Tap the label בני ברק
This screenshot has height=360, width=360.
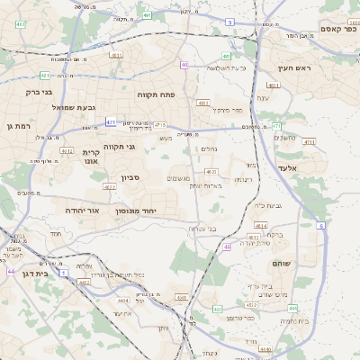click(36, 91)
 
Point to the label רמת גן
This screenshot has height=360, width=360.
click(18, 126)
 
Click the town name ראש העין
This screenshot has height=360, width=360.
click(292, 68)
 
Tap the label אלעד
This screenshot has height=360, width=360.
click(311, 167)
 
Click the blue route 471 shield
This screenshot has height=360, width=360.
click(111, 121)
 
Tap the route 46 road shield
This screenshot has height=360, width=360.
click(228, 246)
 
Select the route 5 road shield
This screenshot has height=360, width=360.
click(229, 22)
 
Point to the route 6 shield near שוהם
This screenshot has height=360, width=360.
click(321, 226)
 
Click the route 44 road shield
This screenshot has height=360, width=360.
click(11, 271)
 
